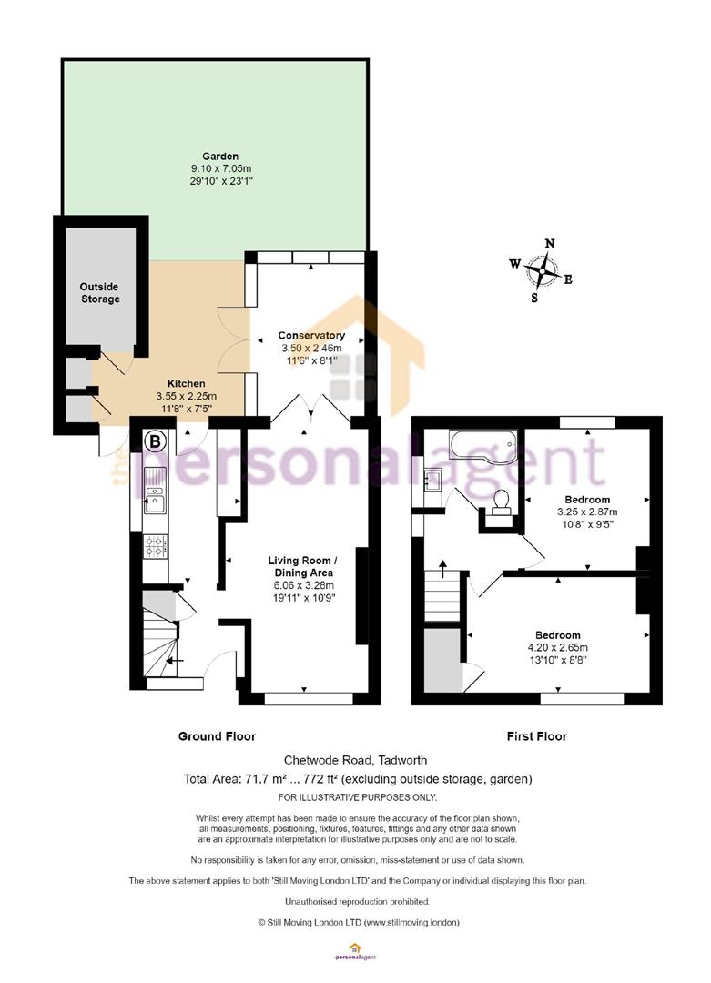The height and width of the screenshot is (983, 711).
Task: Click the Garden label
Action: point(220,157)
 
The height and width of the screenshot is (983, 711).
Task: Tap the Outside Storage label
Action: point(100,293)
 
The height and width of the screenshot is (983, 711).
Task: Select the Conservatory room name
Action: point(311,335)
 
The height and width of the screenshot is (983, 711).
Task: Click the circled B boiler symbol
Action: point(156,441)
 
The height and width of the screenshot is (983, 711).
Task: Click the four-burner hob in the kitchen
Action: point(156,545)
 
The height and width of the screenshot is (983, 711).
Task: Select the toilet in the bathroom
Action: point(501,502)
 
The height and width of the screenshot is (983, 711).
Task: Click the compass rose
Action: point(542,271)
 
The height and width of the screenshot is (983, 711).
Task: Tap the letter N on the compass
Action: point(550,243)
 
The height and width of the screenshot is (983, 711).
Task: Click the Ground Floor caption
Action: point(217,736)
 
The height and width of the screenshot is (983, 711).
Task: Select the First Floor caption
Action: point(537,736)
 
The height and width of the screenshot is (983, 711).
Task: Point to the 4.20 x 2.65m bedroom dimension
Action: point(558,648)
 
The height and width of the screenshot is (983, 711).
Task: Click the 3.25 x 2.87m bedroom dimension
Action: point(587,512)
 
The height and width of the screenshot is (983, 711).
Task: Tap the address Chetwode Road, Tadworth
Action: point(355,760)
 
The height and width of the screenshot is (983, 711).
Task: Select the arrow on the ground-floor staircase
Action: point(174,660)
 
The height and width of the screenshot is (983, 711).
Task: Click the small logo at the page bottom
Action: point(355,952)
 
